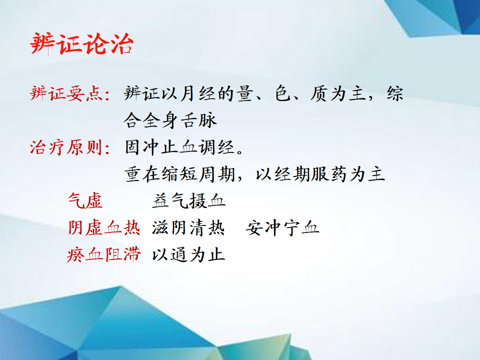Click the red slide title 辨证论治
click(x=81, y=44)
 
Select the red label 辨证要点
click(x=66, y=93)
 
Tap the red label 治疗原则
click(x=66, y=147)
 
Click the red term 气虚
click(x=85, y=201)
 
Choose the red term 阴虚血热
click(x=104, y=228)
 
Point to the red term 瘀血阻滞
click(x=104, y=254)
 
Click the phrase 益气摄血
click(x=188, y=201)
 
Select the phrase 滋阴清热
click(x=188, y=228)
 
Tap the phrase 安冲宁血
click(x=282, y=228)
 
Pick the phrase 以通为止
click(x=188, y=254)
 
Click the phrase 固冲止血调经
click(x=179, y=147)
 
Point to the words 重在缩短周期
click(x=179, y=174)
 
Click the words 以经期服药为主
click(x=320, y=174)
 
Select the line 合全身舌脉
click(x=170, y=120)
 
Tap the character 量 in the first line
click(x=245, y=93)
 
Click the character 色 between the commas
click(x=283, y=93)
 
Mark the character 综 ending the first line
click(x=395, y=93)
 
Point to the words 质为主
click(x=338, y=93)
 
